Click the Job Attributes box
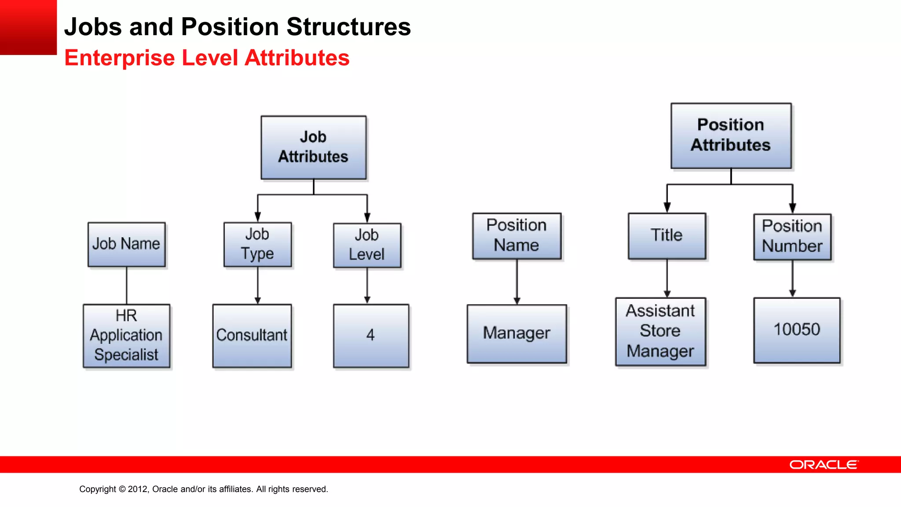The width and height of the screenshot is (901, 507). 313,147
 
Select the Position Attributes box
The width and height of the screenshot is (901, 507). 731,136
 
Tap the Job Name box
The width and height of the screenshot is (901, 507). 127,244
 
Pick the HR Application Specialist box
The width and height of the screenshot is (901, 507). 127,336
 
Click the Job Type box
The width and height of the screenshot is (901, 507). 258,245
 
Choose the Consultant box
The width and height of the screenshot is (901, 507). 252,336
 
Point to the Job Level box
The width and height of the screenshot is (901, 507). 367,246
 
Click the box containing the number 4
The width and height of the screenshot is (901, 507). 371,336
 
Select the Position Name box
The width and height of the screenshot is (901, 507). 517,236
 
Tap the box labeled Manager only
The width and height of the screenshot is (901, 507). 517,334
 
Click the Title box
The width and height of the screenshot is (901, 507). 667,236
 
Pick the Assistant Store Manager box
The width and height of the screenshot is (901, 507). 660,331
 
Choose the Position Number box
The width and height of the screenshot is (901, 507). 792,237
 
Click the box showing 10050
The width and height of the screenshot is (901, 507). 797,330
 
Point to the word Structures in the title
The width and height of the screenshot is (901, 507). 348,27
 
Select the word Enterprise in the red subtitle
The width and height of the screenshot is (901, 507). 120,58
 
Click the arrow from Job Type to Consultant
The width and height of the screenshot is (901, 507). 258,286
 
